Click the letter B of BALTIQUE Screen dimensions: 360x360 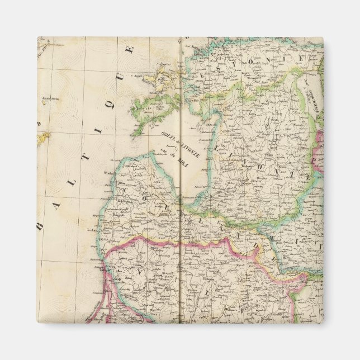click(40, 228)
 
